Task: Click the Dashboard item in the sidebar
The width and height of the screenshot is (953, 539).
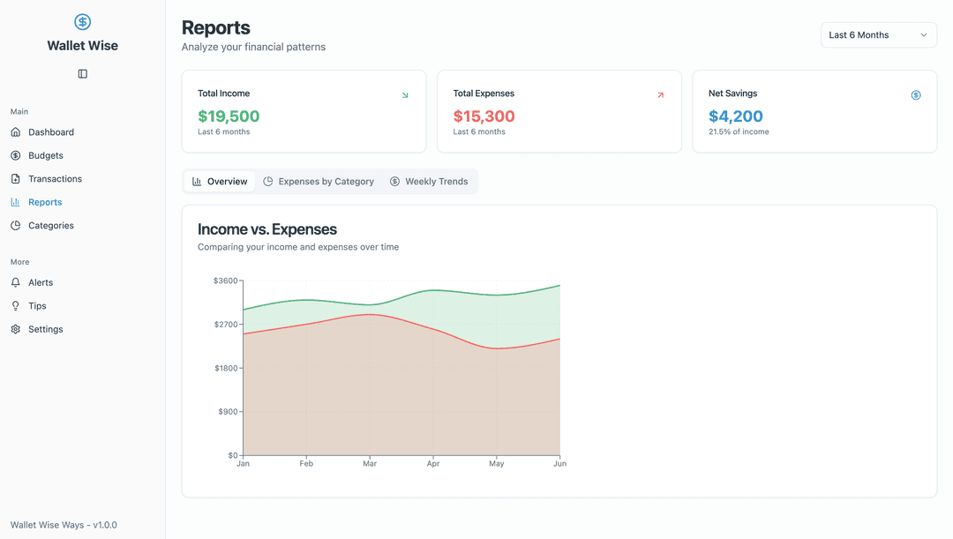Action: pyautogui.click(x=50, y=132)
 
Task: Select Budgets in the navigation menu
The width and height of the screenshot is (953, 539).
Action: pyautogui.click(x=45, y=155)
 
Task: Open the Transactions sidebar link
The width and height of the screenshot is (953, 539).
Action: pyautogui.click(x=55, y=179)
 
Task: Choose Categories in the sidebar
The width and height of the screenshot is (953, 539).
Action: pyautogui.click(x=50, y=226)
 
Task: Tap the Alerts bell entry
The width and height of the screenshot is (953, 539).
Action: pyautogui.click(x=40, y=283)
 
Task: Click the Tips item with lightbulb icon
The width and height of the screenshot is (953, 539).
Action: pyautogui.click(x=37, y=306)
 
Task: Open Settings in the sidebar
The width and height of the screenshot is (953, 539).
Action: pyautogui.click(x=45, y=330)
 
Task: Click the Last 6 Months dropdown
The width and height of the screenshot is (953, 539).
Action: pyautogui.click(x=878, y=35)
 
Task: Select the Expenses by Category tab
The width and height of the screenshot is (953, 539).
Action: pyautogui.click(x=319, y=182)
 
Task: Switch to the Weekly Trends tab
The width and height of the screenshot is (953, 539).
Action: pyautogui.click(x=429, y=182)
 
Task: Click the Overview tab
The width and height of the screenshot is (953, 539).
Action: pyautogui.click(x=220, y=182)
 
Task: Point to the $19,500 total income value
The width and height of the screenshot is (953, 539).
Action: pyautogui.click(x=229, y=116)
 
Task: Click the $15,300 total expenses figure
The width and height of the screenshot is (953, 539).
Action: pyautogui.click(x=484, y=116)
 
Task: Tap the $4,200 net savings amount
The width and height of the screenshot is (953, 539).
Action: pyautogui.click(x=735, y=116)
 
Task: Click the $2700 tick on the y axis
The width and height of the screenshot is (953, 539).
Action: pyautogui.click(x=226, y=325)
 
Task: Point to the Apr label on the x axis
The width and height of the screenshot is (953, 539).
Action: pyautogui.click(x=433, y=463)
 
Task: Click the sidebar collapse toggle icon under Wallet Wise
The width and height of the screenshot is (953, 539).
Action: pyautogui.click(x=83, y=74)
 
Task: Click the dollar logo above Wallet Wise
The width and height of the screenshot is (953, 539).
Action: pyautogui.click(x=83, y=22)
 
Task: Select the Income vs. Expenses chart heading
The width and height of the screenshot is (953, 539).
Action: pyautogui.click(x=267, y=229)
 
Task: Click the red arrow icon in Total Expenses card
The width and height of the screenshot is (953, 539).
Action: pyautogui.click(x=660, y=95)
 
